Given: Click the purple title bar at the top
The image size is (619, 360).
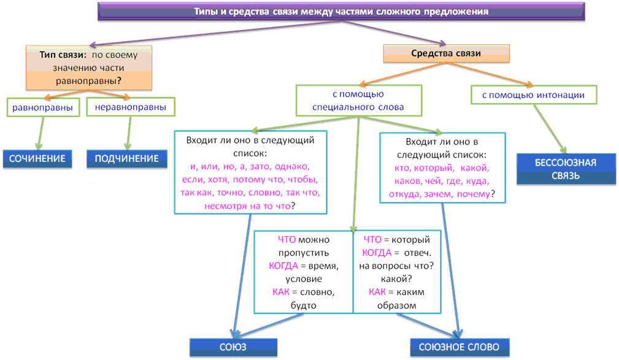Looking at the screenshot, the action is (x=341, y=12).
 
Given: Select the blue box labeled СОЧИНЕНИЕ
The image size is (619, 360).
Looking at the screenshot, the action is (x=37, y=159).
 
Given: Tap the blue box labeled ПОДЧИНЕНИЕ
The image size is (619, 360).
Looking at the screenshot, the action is (x=127, y=159).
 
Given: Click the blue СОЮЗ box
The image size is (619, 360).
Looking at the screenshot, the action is (x=233, y=347).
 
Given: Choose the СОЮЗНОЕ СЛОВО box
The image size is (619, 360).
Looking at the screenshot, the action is (x=459, y=347).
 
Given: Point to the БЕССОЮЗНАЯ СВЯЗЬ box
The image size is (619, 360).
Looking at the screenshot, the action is (x=566, y=169).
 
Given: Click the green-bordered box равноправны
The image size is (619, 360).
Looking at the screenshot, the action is (x=43, y=107).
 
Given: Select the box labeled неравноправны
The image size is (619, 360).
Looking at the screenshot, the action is (x=131, y=107).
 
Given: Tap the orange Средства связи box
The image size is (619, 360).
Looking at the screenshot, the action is (x=447, y=53).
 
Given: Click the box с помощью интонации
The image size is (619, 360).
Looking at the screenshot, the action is (x=534, y=94).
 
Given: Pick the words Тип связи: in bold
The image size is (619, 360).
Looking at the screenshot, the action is (x=63, y=55).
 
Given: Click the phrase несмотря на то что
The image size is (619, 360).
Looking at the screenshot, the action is (x=247, y=206).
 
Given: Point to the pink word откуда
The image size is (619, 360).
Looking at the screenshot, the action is (x=401, y=194).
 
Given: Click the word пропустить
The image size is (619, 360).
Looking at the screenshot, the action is (x=304, y=253).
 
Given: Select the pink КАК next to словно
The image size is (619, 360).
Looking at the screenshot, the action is (x=281, y=292).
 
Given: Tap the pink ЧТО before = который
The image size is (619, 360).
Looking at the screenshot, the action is (x=372, y=240).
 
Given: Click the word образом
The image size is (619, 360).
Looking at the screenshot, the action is (x=397, y=305).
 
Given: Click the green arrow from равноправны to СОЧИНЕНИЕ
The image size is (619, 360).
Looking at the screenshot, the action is (x=40, y=133).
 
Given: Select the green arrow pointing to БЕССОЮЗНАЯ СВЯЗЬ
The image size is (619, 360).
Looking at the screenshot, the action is (x=550, y=129).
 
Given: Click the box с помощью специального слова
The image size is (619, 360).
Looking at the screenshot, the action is (x=359, y=101).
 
